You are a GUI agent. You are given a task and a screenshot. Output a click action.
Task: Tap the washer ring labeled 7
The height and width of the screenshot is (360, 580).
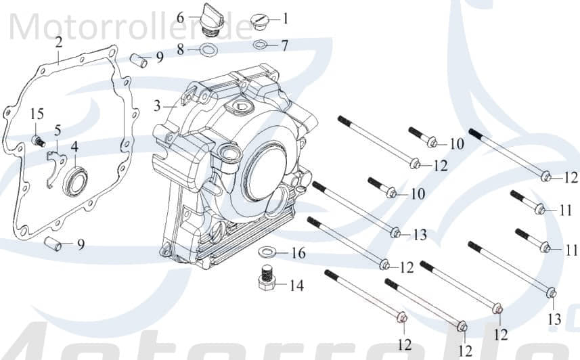coord(261,45)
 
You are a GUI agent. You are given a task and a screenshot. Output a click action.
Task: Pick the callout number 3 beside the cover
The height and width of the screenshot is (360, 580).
coord(157,106)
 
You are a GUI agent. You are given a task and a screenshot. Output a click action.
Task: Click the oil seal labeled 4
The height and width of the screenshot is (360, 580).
coord(74,181)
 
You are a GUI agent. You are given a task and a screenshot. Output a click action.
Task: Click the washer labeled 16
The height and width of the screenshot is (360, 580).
coord(269,253)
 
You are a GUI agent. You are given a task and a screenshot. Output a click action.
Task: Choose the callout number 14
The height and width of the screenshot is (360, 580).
coord(296,285)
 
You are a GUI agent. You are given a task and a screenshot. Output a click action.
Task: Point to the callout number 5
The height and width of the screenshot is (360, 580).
coord(58,129)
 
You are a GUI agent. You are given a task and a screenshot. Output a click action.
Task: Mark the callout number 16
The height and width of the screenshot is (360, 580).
coord(298,253)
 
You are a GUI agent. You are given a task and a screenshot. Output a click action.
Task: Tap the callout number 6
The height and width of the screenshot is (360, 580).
coord(181,16)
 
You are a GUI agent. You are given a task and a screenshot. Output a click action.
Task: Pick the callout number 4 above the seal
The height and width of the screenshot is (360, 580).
coord(74,145)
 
